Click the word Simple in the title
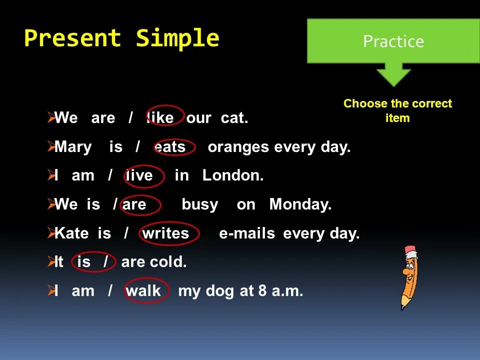tap(177, 38)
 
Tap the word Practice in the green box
tap(393, 41)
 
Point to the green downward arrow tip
tap(393, 86)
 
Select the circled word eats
tap(170, 147)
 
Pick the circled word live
tap(139, 175)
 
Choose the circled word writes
tap(165, 233)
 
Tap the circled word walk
tap(143, 290)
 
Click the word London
tap(233, 175)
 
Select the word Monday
tap(300, 204)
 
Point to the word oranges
tap(238, 147)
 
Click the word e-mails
tap(247, 233)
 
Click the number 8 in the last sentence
tap(262, 290)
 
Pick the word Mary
tap(73, 147)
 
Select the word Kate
tap(71, 233)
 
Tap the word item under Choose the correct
tap(397, 118)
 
